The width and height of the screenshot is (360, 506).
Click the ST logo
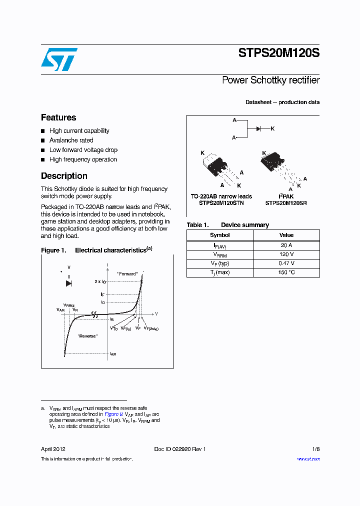pos(59,59)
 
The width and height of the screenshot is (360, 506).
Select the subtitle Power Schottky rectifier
pos(270,80)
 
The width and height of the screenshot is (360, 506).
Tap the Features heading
pos(58,117)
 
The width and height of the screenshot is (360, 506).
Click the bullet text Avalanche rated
pos(71,140)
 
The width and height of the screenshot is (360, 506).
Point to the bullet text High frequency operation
pos(83,159)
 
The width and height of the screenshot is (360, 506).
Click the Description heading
pos(64,176)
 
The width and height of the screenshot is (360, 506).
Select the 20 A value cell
pos(286,245)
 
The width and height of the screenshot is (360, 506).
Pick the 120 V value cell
pos(286,254)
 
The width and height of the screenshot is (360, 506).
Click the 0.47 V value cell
pos(286,263)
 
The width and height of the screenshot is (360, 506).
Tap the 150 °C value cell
pos(286,272)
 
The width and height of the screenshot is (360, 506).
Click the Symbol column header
pos(220,235)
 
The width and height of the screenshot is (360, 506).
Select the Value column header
pos(286,235)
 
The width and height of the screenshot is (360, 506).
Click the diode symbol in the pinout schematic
pos(259,129)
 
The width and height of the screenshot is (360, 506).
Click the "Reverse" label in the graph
pos(87,336)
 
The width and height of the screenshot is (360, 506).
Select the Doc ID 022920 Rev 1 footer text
pos(180,449)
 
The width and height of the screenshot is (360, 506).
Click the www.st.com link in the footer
pos(308,459)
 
